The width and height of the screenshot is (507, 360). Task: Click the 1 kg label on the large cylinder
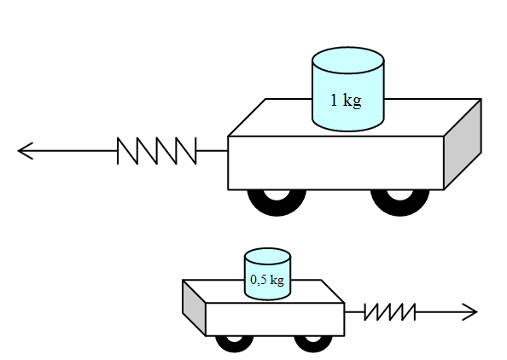[346, 100]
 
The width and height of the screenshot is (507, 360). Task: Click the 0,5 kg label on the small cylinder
[267, 280]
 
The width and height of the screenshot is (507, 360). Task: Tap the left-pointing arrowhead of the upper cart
[26, 151]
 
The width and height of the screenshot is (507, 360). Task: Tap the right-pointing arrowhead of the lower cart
[469, 312]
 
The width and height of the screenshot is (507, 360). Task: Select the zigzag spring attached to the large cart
[157, 151]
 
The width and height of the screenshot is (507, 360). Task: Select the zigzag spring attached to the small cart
[390, 312]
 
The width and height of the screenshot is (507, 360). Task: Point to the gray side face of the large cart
[463, 144]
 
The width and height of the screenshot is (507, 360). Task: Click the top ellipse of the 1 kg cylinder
[348, 60]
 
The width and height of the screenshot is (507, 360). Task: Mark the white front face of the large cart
[335, 163]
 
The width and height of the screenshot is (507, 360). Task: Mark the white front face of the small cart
[275, 320]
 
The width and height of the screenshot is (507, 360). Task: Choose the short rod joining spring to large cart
[213, 151]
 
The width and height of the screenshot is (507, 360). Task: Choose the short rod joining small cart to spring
[355, 312]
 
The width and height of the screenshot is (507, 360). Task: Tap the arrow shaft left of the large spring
[68, 151]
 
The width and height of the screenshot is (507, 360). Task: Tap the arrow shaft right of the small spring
[446, 312]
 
